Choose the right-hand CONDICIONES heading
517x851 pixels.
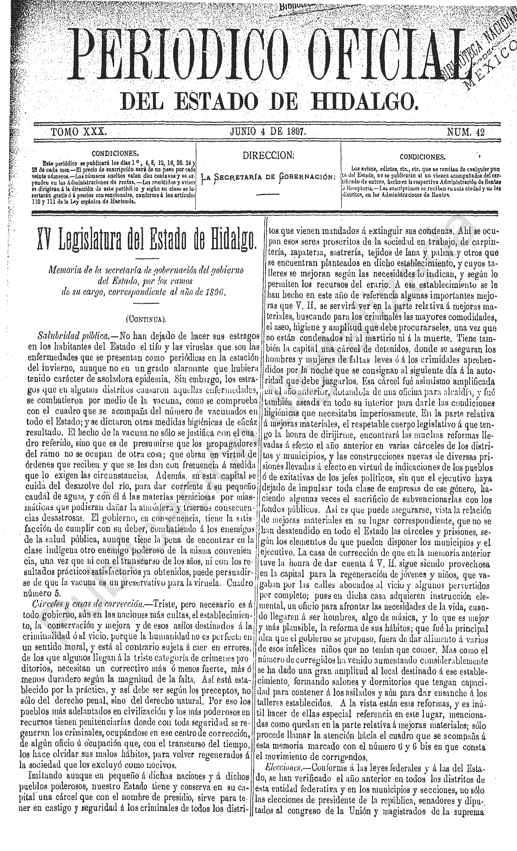tap(423, 157)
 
